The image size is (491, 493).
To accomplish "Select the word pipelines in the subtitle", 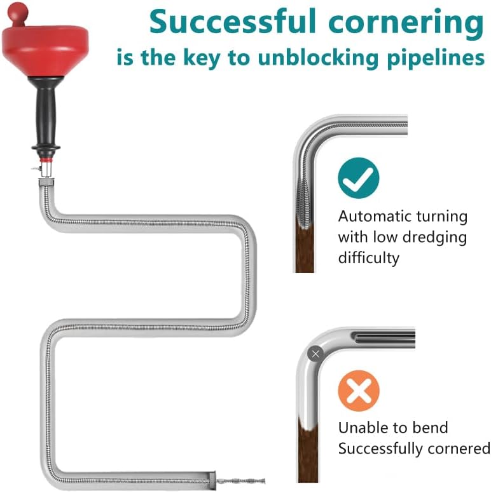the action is click(435, 58).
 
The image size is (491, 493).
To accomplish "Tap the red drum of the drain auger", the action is click(45, 50).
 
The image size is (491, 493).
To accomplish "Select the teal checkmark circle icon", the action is click(359, 178).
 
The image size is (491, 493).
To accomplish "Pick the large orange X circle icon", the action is click(359, 391).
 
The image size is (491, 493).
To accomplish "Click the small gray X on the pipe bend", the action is click(315, 354).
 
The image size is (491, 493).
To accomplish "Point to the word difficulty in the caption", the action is click(369, 259).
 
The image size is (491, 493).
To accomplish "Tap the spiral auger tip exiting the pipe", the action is click(241, 480).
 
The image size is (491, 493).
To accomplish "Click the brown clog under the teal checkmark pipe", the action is click(305, 248).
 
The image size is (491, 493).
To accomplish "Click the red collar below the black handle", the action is click(46, 159).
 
